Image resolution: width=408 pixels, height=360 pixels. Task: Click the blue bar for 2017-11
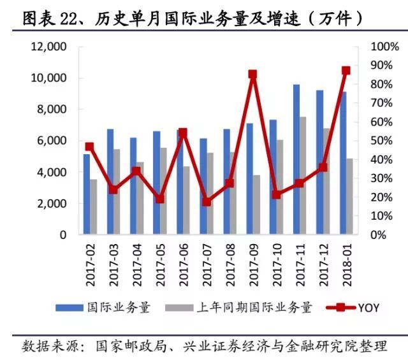tap(296, 159)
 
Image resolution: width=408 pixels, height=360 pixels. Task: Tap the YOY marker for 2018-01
tap(346, 71)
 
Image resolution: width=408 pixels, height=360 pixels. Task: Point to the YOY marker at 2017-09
tap(252, 75)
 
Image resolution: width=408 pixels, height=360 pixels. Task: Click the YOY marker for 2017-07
tap(206, 201)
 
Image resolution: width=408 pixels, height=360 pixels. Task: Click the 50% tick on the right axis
tap(385, 141)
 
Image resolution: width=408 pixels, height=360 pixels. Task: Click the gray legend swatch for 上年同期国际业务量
tap(178, 308)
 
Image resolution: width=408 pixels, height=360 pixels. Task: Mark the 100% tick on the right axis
tap(385, 47)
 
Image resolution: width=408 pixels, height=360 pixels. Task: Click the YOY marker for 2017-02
tap(90, 147)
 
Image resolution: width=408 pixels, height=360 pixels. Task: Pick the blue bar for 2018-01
tap(343, 163)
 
